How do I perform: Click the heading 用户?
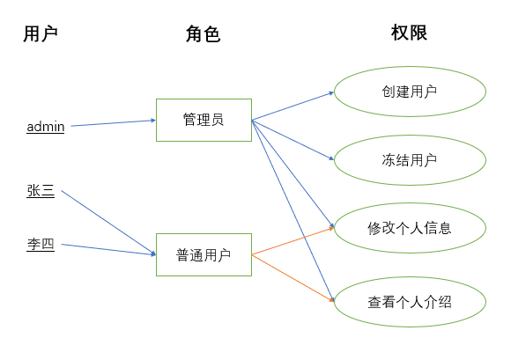pyautogui.click(x=41, y=34)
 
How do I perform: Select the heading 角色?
pyautogui.click(x=203, y=34)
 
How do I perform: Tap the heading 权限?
pyautogui.click(x=409, y=33)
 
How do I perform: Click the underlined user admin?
pyautogui.click(x=46, y=127)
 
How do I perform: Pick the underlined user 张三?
pyautogui.click(x=41, y=190)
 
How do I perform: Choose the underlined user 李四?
pyautogui.click(x=41, y=245)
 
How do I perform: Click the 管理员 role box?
pyautogui.click(x=204, y=120)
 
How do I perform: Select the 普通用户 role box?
pyautogui.click(x=204, y=254)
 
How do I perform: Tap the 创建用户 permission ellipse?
pyautogui.click(x=410, y=92)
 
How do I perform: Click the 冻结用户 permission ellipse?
pyautogui.click(x=410, y=160)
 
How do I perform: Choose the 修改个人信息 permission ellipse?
pyautogui.click(x=410, y=228)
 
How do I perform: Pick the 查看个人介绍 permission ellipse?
pyautogui.click(x=410, y=302)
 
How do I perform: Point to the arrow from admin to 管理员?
pyautogui.click(x=113, y=123)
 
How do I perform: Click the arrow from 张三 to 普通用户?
pyautogui.click(x=104, y=221)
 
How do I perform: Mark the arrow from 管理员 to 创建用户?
pyautogui.click(x=293, y=105)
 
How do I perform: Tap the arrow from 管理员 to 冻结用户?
pyautogui.click(x=293, y=140)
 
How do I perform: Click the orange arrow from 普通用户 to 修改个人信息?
pyautogui.click(x=293, y=240)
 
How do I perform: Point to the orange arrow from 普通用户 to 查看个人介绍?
pyautogui.click(x=293, y=277)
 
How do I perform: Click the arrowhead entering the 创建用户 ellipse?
pyautogui.click(x=330, y=92)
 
